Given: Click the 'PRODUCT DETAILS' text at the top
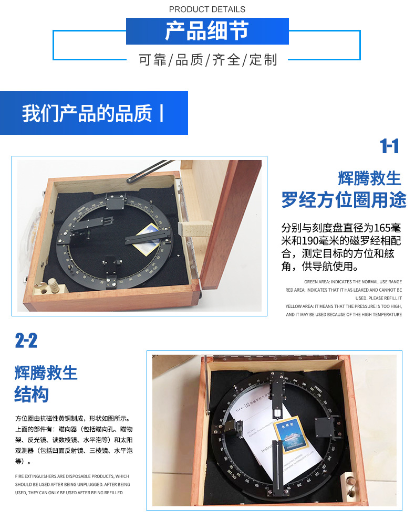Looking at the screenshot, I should click(x=207, y=9).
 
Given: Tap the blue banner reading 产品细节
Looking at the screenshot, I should click(x=207, y=31).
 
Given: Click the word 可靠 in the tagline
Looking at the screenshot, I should click(x=152, y=60).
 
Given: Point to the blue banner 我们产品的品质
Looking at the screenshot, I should click(x=94, y=113).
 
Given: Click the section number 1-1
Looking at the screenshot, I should click(x=389, y=146).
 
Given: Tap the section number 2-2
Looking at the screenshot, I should click(x=26, y=342).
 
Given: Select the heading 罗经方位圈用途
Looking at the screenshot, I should click(x=344, y=200).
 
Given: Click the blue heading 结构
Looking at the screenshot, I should click(x=32, y=395).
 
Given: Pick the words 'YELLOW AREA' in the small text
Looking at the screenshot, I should click(x=299, y=306).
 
